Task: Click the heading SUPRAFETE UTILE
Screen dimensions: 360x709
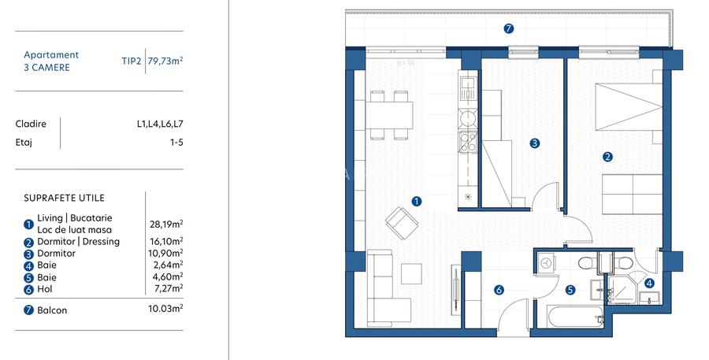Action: pyautogui.click(x=64, y=198)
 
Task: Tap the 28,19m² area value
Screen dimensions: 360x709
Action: pyautogui.click(x=165, y=224)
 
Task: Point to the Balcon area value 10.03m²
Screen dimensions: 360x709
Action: pyautogui.click(x=165, y=310)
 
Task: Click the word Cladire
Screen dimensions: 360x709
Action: pyautogui.click(x=31, y=124)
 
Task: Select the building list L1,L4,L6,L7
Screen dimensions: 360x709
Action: pyautogui.click(x=159, y=124)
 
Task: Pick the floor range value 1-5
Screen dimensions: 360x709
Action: pyautogui.click(x=176, y=143)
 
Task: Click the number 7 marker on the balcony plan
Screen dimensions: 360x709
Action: pyautogui.click(x=509, y=29)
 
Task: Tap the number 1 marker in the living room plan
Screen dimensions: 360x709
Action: pyautogui.click(x=417, y=201)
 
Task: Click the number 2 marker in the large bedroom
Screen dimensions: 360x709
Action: pyautogui.click(x=607, y=156)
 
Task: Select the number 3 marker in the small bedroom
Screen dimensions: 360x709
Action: pyautogui.click(x=534, y=143)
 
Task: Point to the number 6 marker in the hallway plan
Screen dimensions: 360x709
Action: pyautogui.click(x=499, y=290)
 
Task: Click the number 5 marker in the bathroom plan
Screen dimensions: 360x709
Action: pyautogui.click(x=570, y=289)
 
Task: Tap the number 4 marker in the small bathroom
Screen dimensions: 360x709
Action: pyautogui.click(x=649, y=283)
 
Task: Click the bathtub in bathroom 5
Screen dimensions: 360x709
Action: pyautogui.click(x=566, y=317)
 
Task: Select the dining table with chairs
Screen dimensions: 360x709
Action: pyautogui.click(x=390, y=116)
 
